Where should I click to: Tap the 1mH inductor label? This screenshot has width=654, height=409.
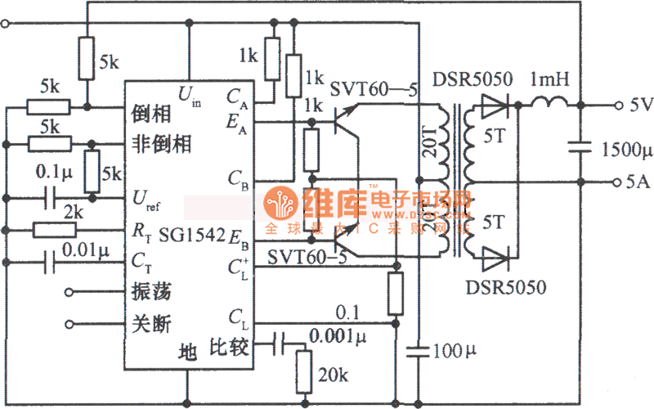pos(550,80)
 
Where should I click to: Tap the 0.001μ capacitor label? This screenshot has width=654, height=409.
pos(338,335)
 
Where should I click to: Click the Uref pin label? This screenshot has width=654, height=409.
pos(146,199)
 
